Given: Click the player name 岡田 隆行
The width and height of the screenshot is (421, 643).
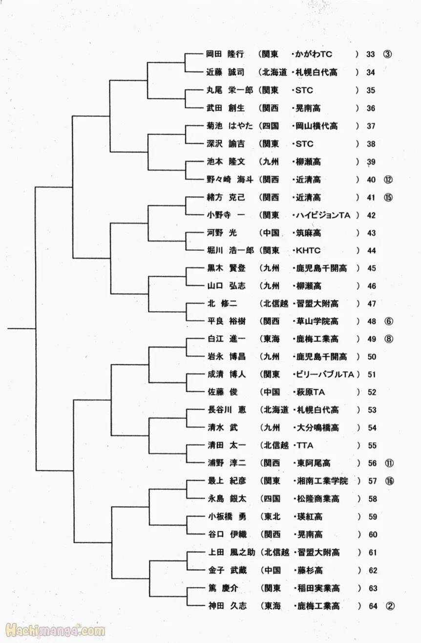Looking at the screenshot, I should [x=225, y=54].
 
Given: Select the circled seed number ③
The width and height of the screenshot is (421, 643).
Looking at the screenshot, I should [x=387, y=54].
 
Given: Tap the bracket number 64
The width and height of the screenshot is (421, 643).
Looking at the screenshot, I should [x=373, y=606].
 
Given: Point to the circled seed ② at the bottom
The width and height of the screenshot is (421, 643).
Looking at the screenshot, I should [x=390, y=606].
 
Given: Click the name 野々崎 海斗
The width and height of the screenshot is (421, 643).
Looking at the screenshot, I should [x=229, y=179].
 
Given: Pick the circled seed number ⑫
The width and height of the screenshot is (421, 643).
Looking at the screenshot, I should [x=388, y=179].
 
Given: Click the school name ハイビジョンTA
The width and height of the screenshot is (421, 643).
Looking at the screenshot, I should [x=327, y=215].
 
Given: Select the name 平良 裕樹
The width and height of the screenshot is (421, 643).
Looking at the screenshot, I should [x=226, y=321].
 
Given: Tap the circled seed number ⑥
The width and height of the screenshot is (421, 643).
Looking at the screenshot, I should [x=389, y=321].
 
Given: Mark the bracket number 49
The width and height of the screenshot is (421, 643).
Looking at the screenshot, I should [x=372, y=339].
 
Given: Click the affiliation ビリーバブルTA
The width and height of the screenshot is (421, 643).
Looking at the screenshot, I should [x=325, y=375].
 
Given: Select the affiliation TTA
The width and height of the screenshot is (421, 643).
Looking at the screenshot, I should [x=304, y=445].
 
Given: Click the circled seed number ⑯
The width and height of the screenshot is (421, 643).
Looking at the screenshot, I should [x=389, y=481].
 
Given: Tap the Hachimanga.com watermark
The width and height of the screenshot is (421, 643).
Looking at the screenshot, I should [x=54, y=631].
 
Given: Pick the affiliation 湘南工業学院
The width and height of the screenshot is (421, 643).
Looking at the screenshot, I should [x=322, y=481].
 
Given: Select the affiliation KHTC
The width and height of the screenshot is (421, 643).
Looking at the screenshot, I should [x=308, y=250].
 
